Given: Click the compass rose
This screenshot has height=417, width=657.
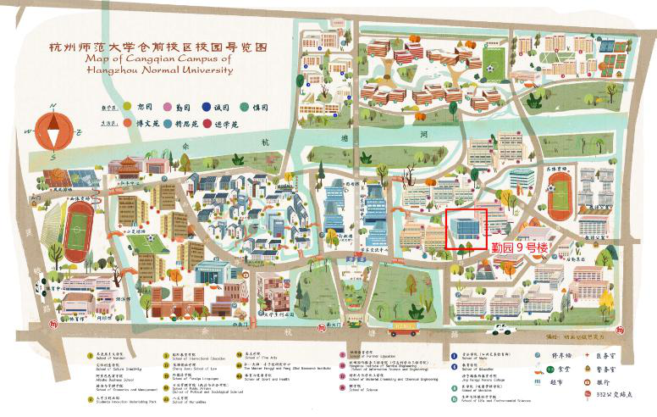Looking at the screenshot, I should tap(52, 130).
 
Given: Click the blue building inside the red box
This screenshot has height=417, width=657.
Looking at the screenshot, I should tap(465, 226).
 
